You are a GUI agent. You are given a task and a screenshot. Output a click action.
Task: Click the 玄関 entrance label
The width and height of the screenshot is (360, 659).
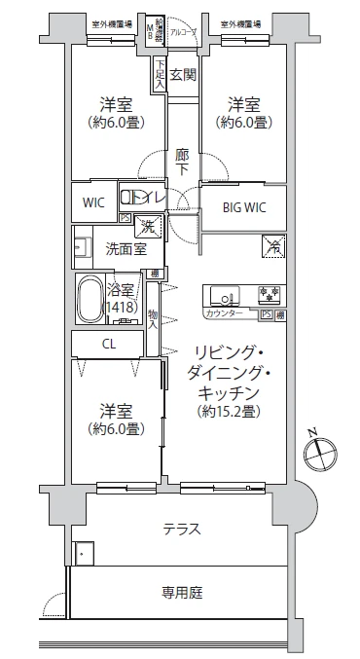[183, 74]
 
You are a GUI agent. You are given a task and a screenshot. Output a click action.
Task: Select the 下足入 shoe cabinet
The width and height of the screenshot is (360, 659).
[159, 74]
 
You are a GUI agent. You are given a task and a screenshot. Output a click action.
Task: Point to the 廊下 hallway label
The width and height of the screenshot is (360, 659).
[182, 162]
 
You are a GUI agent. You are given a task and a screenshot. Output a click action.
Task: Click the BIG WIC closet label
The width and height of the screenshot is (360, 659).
[243, 205]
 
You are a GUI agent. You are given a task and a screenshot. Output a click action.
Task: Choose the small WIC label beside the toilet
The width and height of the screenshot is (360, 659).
[93, 203]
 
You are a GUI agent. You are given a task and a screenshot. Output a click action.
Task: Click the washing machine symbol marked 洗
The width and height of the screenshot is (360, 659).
[148, 226]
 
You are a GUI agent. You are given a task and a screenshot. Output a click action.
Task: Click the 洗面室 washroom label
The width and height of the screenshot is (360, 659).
[126, 249]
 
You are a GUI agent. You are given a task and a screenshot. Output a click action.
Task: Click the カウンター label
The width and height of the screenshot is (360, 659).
[223, 314]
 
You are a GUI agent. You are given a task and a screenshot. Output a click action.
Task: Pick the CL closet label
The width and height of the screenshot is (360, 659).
[110, 344]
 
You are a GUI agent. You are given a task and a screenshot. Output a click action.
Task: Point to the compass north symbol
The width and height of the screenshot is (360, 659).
[318, 452]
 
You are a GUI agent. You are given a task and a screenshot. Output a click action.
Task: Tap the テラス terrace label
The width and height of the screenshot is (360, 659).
[181, 530]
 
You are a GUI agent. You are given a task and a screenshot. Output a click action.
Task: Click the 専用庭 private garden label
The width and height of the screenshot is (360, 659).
[181, 593]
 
